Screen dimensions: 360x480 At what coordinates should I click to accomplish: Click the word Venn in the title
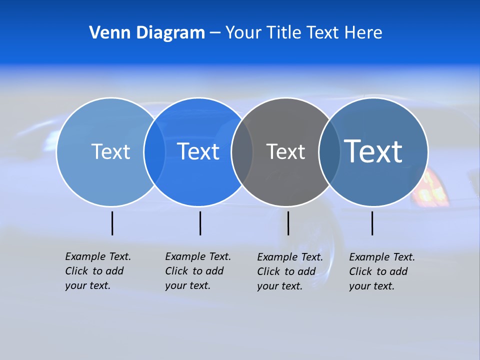[x=107, y=33]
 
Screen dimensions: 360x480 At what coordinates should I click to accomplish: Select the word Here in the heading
[x=363, y=33]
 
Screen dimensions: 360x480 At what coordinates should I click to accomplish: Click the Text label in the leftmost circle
[x=110, y=151]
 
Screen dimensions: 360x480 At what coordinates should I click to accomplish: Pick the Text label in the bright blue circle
[x=198, y=151]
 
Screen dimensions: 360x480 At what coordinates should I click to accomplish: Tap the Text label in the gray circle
[x=285, y=151]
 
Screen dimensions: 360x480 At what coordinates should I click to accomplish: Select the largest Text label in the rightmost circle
[x=373, y=151]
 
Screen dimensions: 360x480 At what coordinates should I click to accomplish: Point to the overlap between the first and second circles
[x=154, y=151]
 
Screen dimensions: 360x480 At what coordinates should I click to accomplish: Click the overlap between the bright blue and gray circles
[x=242, y=151]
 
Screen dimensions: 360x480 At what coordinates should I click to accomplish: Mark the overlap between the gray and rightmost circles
[x=329, y=151]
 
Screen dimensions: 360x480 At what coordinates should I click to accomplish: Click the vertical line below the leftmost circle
[x=112, y=223]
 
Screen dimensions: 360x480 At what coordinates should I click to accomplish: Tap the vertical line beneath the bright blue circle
[x=200, y=223]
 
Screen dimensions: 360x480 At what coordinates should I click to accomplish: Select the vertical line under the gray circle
[x=288, y=223]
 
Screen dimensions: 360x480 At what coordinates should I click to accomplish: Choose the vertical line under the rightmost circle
[x=372, y=223]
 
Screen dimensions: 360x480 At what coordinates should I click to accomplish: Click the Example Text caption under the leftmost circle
[x=97, y=271]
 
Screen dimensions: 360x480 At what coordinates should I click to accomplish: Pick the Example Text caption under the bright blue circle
[x=197, y=271]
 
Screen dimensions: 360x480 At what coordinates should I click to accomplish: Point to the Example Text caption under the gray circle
[x=289, y=271]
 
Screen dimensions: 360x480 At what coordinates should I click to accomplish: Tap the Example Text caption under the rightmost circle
[x=381, y=271]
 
